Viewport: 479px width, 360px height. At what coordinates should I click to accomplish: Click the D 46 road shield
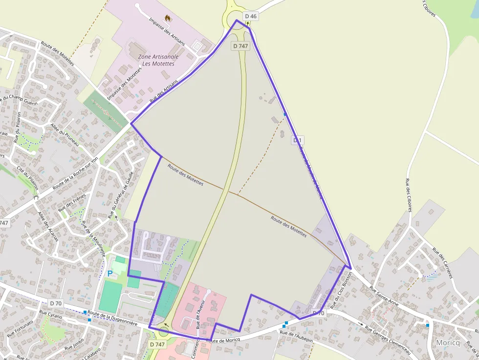[x=251, y=16]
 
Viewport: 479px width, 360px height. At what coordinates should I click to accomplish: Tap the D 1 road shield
[x=297, y=140]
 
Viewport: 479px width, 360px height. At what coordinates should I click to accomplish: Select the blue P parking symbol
[x=110, y=274]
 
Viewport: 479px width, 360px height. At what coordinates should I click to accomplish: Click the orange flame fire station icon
[x=168, y=18]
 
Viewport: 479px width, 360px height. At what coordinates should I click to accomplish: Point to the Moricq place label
[x=448, y=343]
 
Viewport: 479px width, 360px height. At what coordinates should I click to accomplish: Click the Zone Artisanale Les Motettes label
[x=158, y=60]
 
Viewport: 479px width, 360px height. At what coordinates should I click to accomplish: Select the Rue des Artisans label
[x=163, y=92]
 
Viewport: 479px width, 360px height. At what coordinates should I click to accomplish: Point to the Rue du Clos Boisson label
[x=340, y=289]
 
